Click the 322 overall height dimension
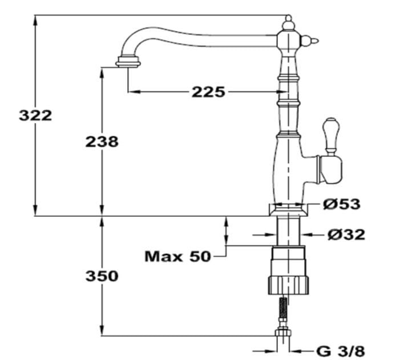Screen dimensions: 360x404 (x=35, y=115)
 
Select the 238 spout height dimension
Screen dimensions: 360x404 (x=102, y=141)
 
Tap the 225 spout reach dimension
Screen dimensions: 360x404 (x=208, y=91)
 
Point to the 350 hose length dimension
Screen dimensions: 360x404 (x=102, y=276)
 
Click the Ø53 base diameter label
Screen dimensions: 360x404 (x=341, y=204)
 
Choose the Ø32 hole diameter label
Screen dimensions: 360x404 (x=346, y=234)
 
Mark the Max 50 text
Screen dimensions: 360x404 (x=177, y=256)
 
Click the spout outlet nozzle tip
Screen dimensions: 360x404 (x=128, y=62)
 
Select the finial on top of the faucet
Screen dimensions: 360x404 (x=289, y=23)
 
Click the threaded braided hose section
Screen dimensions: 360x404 (x=282, y=310)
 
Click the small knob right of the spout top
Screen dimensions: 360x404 (x=310, y=40)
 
